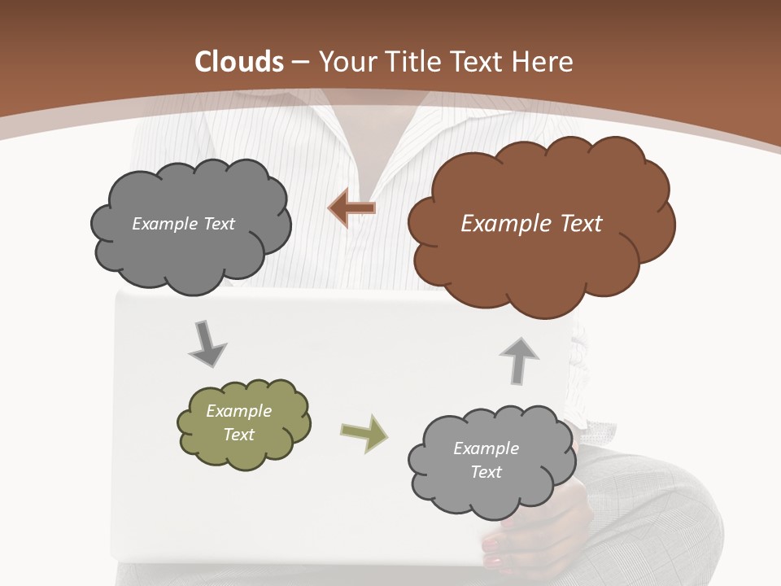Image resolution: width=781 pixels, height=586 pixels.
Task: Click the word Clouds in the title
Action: (239, 62)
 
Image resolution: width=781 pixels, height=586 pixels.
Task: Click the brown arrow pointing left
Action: (351, 208)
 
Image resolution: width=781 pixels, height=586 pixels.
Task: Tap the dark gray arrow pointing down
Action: (207, 344)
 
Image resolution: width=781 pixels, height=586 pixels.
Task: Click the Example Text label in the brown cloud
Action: (531, 224)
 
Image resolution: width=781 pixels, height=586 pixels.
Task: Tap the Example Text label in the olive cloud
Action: (238, 422)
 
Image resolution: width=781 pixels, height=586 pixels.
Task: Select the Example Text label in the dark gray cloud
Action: (183, 224)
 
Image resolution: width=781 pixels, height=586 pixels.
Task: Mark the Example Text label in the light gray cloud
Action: (486, 460)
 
